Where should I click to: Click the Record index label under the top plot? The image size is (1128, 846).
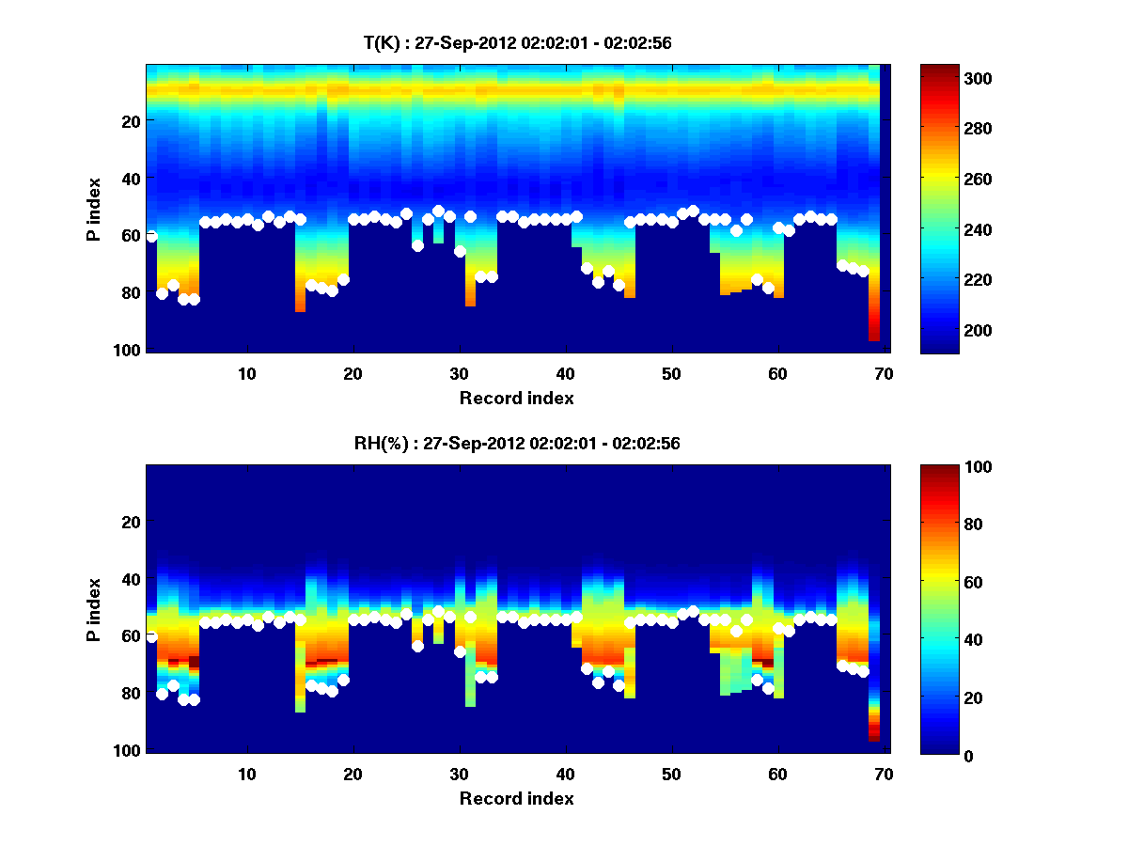pos(516,398)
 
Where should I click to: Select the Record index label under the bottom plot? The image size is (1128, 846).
pos(516,798)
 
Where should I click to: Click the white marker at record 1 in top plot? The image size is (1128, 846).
pos(151,236)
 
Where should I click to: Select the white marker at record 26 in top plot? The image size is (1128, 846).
pos(417,245)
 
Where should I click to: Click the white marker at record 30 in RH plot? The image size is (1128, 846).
pos(460,651)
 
